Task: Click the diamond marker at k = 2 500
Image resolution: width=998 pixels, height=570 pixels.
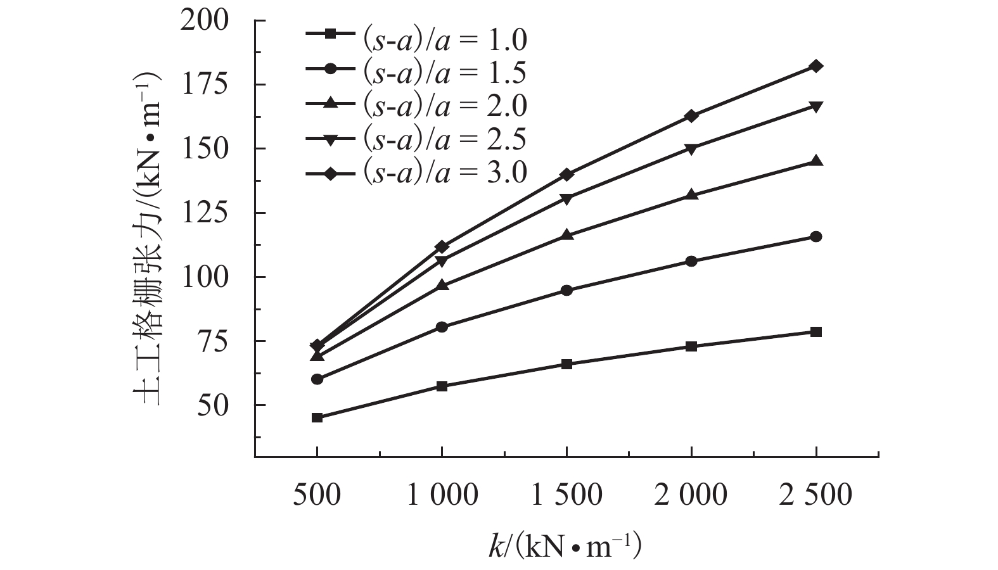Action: (816, 66)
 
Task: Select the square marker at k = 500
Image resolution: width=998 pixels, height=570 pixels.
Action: (317, 417)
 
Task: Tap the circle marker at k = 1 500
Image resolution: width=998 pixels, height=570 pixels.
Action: (566, 291)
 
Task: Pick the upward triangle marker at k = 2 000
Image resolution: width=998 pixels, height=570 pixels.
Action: (691, 195)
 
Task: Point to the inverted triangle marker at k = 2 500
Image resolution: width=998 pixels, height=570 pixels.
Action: (816, 106)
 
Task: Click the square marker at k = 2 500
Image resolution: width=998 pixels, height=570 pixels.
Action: (816, 332)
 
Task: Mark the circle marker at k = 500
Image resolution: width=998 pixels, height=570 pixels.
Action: (317, 379)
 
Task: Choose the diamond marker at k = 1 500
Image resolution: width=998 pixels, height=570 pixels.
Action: (566, 174)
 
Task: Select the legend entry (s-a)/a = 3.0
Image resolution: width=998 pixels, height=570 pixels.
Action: (416, 172)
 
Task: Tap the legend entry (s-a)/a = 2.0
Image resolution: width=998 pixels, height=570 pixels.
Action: (416, 106)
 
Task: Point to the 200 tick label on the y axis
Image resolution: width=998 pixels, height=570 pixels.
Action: (204, 20)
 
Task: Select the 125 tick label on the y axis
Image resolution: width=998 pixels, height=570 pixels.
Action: (204, 213)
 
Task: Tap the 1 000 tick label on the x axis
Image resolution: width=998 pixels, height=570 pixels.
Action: (442, 495)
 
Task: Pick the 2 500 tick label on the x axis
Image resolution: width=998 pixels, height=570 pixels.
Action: (816, 495)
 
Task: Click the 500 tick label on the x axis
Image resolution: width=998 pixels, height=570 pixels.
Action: (317, 495)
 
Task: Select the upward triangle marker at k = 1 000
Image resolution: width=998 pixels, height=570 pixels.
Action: (442, 285)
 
